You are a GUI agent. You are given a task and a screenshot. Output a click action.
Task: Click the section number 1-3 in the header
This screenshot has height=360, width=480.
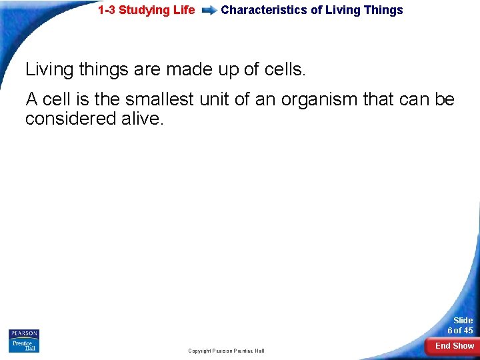pos(107,10)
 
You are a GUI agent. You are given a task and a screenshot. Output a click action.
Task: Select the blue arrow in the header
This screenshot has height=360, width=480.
pos(209,11)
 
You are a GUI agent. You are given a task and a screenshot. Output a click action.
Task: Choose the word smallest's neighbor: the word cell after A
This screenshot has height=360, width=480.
pos(56,100)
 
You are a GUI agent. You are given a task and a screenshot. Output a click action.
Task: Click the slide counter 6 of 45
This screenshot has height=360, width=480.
pos(460,331)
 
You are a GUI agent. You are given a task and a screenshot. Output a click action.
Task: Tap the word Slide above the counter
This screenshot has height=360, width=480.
pos(463,321)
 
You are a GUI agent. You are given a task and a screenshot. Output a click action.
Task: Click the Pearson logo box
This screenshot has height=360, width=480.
pos(24,334)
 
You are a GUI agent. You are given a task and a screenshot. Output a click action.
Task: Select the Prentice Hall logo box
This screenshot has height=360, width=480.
pos(24,346)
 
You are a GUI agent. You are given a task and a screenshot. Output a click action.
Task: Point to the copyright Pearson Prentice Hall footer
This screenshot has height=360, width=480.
pos(226,351)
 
